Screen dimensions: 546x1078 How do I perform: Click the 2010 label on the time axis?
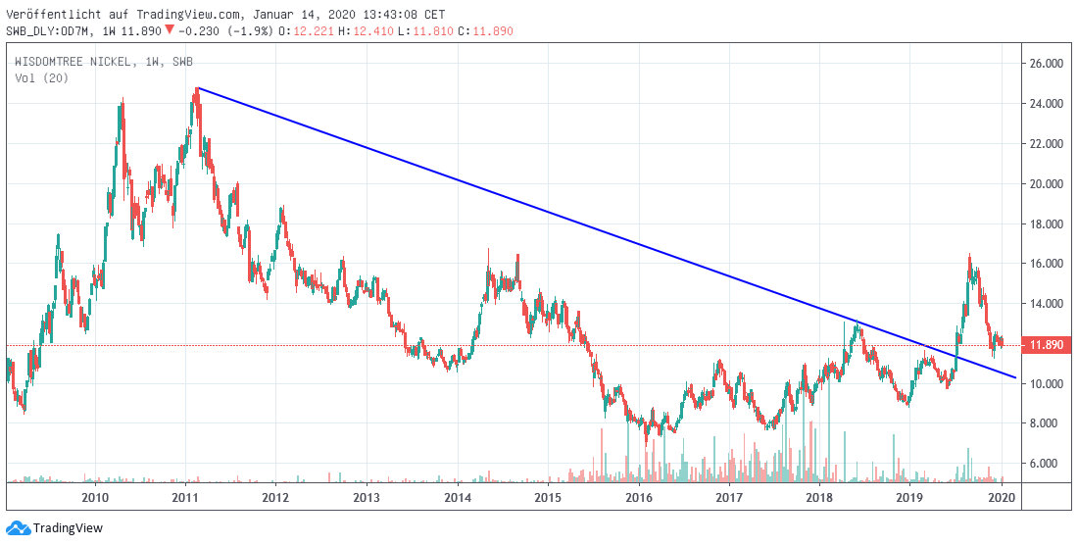95,498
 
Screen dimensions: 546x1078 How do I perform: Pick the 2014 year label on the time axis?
458,498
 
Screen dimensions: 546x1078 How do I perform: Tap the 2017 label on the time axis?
729,498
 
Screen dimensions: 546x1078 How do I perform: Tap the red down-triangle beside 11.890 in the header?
170,30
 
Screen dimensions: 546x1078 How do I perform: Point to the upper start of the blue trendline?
197,88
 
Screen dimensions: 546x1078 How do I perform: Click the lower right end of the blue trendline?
1015,377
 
